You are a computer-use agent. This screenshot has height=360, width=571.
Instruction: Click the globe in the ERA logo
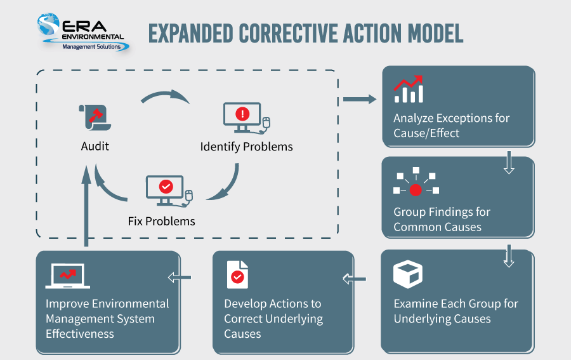(x=48, y=24)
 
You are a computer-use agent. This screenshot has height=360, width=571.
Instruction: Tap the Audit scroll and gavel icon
(x=95, y=117)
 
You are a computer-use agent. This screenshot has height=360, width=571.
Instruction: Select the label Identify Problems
(x=247, y=147)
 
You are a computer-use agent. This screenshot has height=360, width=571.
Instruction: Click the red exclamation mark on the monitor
(x=242, y=114)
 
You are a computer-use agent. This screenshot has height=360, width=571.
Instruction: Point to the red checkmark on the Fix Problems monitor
(x=166, y=187)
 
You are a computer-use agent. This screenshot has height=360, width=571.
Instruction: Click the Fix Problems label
(x=161, y=221)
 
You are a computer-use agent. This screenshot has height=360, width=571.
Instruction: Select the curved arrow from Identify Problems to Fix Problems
(x=226, y=185)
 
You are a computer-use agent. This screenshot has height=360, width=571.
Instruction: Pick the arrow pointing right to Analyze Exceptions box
(x=360, y=99)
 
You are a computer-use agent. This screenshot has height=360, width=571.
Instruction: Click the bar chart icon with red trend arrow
(x=409, y=90)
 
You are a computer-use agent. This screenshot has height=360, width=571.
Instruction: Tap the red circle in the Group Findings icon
(x=416, y=190)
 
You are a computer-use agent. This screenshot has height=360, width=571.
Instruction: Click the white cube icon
(x=408, y=274)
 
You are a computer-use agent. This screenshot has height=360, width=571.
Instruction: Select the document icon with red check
(x=237, y=275)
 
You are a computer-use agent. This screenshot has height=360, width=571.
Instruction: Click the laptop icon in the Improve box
(x=68, y=276)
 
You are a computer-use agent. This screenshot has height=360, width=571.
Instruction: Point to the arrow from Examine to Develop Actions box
(x=354, y=279)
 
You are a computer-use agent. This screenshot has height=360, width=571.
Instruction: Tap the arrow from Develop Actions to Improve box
(x=179, y=277)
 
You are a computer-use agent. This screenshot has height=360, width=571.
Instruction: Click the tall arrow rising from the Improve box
(x=86, y=206)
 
